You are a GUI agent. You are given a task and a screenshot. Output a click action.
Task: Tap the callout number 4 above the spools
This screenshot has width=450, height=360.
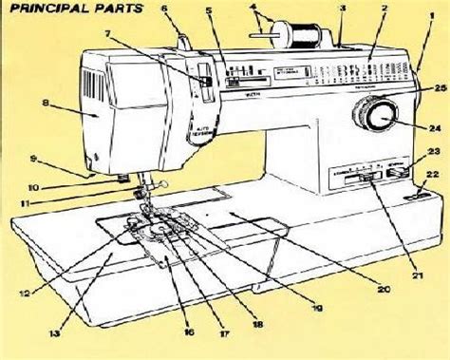click(x=253, y=11)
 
